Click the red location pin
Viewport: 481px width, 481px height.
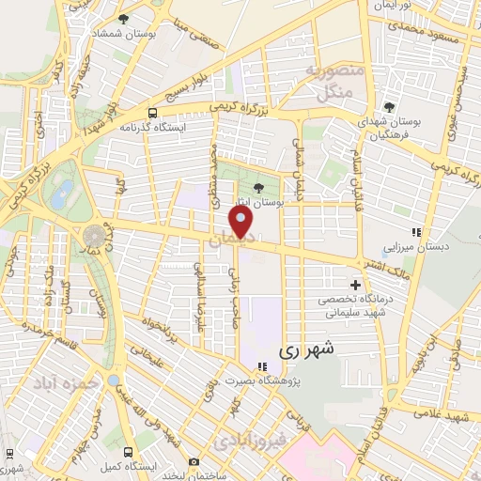[241, 223]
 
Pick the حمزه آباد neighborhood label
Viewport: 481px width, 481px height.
[62, 385]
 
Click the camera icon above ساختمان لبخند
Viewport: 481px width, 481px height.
[194, 461]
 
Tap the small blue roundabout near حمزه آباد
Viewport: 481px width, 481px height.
[114, 381]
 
